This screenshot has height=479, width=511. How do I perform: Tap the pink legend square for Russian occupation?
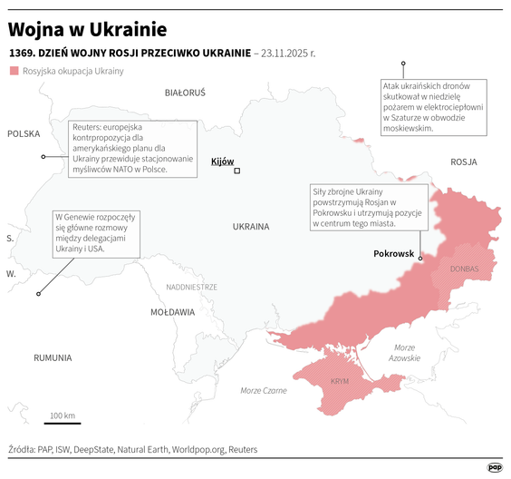[14, 71]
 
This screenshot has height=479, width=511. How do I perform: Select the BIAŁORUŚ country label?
[185, 93]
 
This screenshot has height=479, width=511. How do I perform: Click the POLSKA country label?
[24, 134]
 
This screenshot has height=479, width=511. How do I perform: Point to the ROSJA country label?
[463, 161]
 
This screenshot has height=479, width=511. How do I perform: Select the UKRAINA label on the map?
[250, 226]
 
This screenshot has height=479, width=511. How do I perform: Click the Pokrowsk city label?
[393, 254]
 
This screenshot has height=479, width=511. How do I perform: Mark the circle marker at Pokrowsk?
[420, 259]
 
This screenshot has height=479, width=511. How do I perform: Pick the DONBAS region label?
[464, 269]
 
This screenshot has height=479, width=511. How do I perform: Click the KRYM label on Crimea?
[340, 381]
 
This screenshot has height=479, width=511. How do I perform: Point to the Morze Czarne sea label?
[264, 390]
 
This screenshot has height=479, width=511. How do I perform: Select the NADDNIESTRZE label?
[191, 287]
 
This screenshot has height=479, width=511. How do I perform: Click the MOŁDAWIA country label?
[172, 311]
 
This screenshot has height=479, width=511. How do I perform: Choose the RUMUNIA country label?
[53, 357]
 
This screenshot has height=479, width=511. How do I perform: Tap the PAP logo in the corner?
[495, 467]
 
